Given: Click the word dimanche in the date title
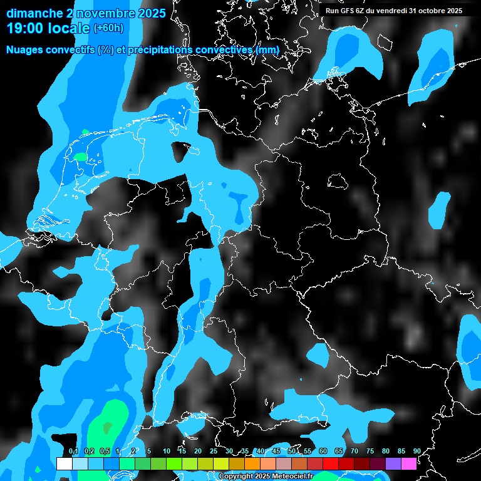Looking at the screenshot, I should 33,13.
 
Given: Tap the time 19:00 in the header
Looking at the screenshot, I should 25,28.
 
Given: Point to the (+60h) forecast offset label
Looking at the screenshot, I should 108,28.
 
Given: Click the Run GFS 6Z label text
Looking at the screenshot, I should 347,10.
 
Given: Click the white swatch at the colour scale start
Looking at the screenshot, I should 64,463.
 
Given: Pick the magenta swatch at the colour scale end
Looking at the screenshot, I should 409,463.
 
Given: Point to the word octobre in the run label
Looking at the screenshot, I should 432,10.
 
